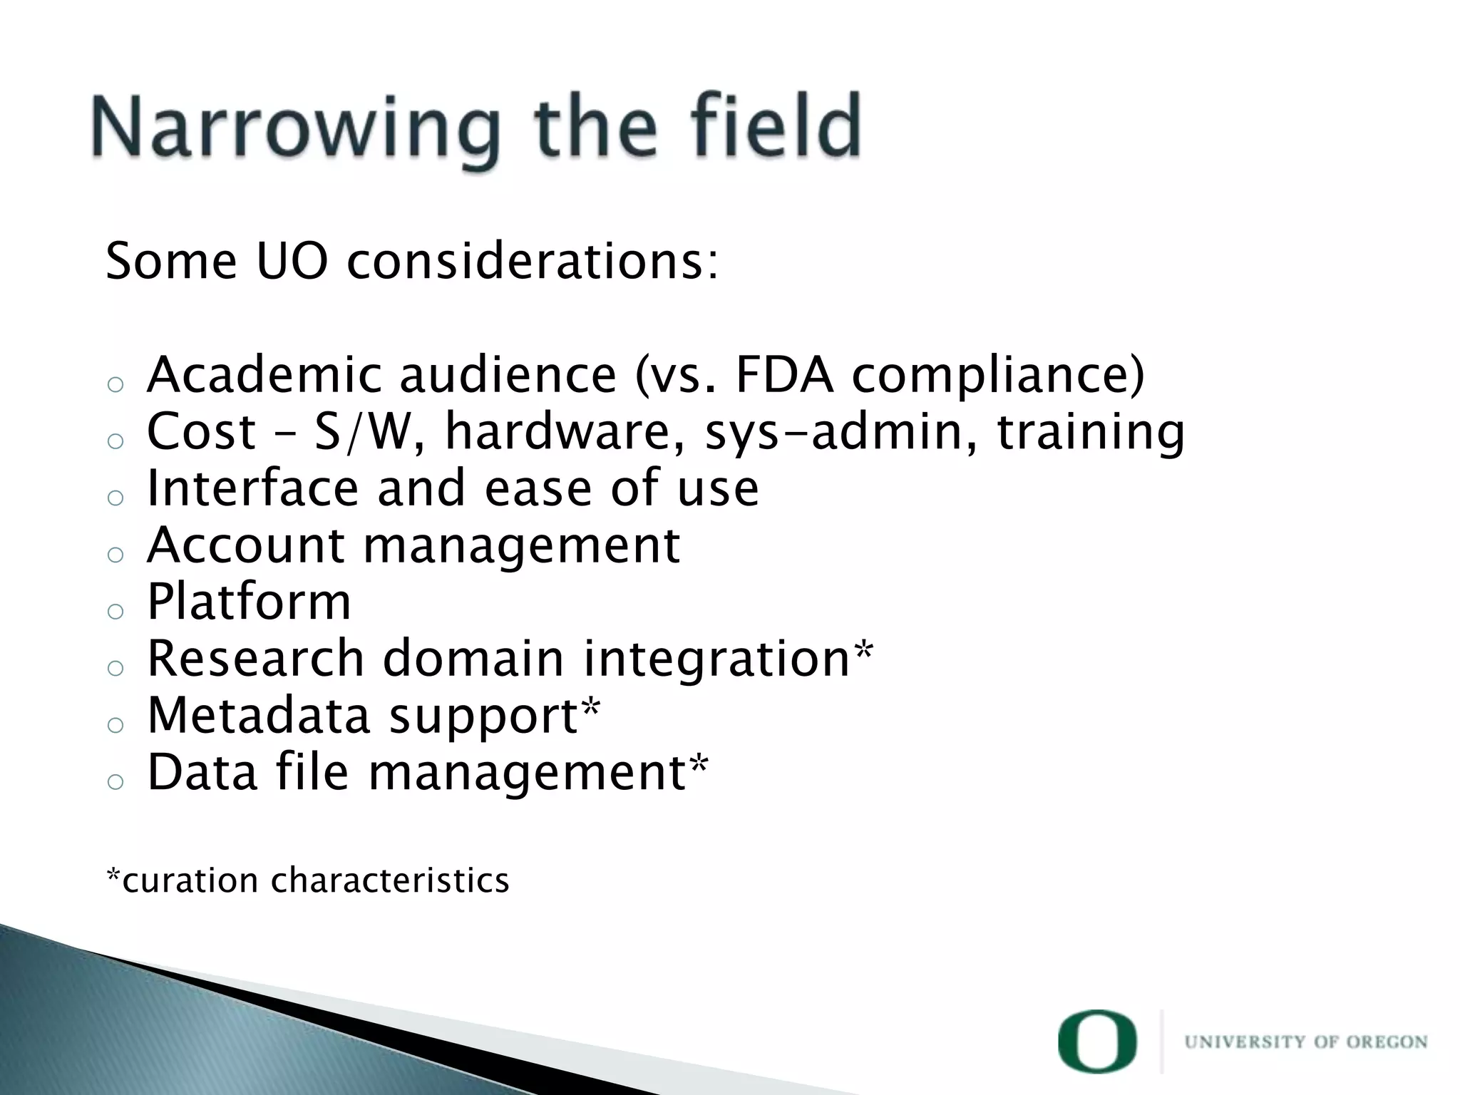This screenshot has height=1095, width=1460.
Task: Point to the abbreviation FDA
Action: pos(784,375)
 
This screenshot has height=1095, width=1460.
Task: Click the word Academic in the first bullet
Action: pos(264,375)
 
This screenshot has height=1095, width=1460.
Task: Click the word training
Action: pos(1091,433)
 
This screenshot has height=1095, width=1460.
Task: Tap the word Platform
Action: pos(249,602)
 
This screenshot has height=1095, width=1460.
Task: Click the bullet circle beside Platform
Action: pos(115,611)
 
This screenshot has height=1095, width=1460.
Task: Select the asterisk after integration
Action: pos(863,650)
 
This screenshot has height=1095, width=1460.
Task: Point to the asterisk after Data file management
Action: pos(699,764)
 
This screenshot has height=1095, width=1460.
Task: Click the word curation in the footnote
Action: pos(190,880)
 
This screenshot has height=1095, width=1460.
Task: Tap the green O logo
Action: pos(1097,1042)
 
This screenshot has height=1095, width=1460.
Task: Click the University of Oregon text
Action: pos(1305,1042)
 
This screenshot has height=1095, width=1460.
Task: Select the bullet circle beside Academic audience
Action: pos(115,384)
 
